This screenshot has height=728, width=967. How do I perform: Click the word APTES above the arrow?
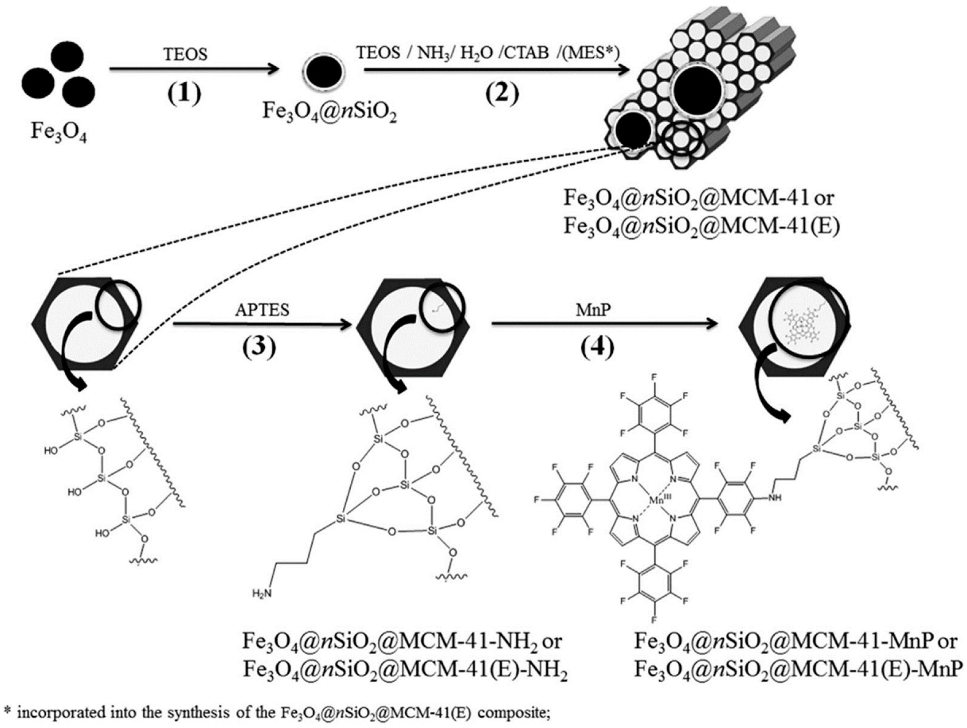tap(262, 310)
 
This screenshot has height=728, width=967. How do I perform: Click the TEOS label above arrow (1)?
tap(185, 54)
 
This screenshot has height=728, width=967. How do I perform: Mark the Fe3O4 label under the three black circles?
tap(59, 130)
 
